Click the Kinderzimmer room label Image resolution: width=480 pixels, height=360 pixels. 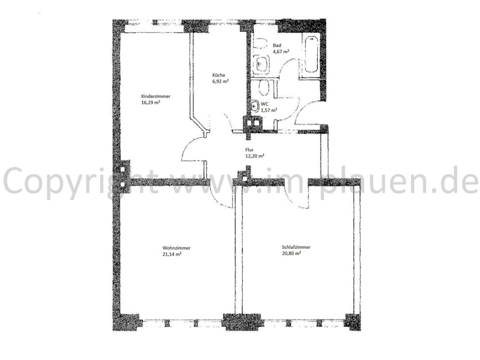click(x=155, y=96)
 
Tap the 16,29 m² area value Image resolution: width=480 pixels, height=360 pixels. click(x=151, y=102)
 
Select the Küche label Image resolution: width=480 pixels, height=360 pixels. click(x=219, y=75)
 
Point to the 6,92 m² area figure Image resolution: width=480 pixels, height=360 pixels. click(x=221, y=81)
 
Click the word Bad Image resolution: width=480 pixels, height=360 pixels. click(x=277, y=45)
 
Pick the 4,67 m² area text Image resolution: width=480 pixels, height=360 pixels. click(x=281, y=51)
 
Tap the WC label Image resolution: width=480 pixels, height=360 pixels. click(x=264, y=104)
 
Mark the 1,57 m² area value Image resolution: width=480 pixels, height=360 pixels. click(x=269, y=110)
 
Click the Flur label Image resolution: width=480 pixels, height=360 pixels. click(x=249, y=150)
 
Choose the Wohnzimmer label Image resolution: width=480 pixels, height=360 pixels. click(x=176, y=248)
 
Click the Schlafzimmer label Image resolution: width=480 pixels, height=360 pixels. click(x=296, y=247)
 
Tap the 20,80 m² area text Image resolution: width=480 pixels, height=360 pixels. click(x=291, y=253)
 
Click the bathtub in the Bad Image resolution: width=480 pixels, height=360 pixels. click(x=311, y=54)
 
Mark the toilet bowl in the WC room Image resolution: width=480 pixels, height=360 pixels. click(x=264, y=87)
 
